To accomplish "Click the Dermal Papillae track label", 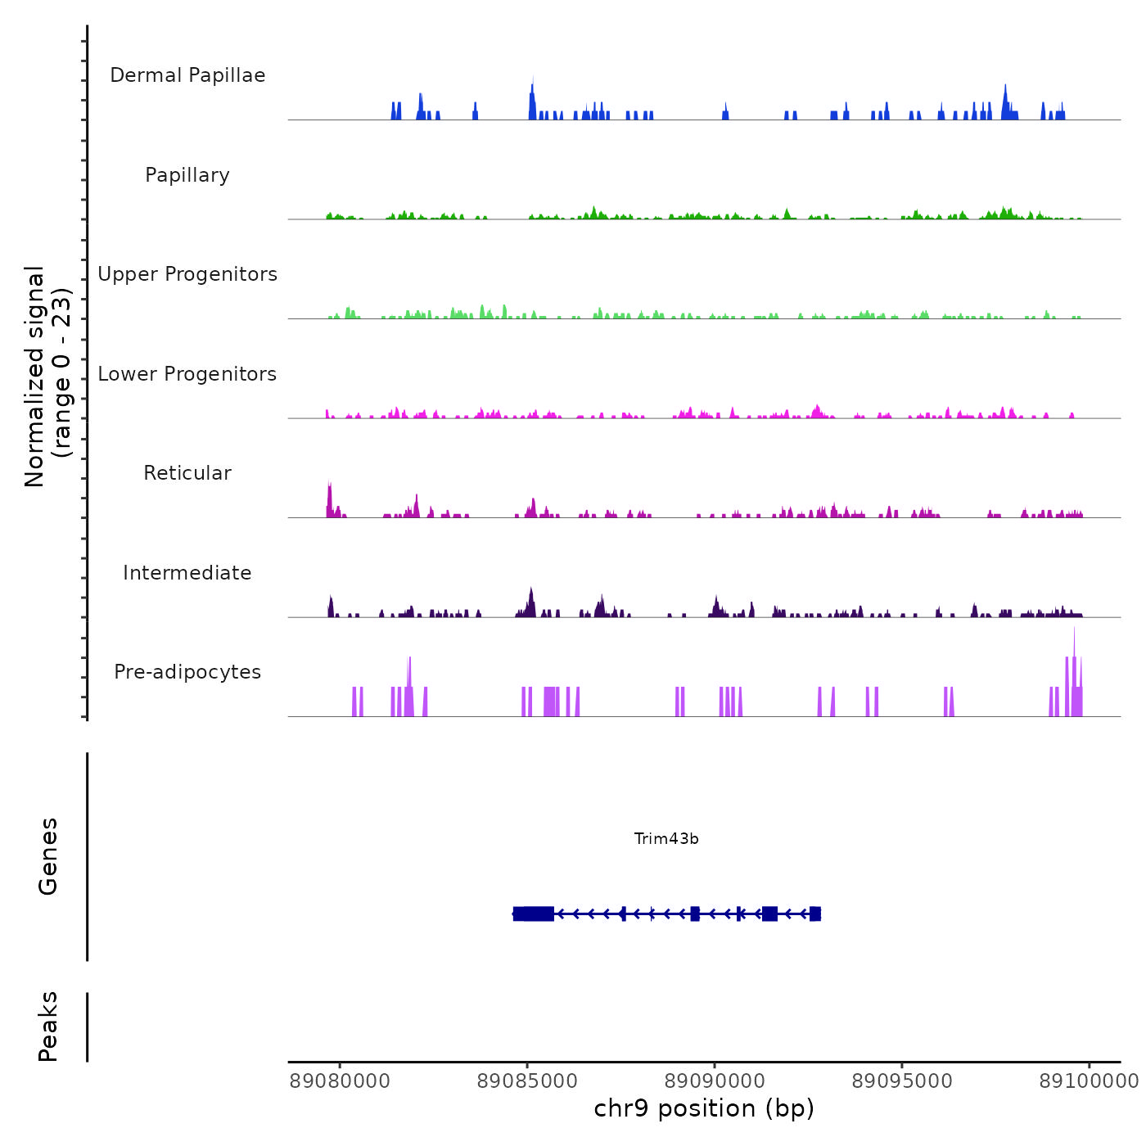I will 187,75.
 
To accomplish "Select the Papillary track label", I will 187,175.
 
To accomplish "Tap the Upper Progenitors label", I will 187,274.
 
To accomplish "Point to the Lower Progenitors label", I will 187,374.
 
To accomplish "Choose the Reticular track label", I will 187,473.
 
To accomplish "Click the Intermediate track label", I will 187,573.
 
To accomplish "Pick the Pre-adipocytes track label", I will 187,672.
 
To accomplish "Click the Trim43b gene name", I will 666,839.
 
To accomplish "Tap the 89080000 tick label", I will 340,1081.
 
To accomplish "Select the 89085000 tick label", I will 527,1081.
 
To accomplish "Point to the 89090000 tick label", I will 715,1081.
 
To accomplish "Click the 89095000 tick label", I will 902,1081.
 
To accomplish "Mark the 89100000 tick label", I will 1089,1081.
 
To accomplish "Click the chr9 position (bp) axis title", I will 704,1108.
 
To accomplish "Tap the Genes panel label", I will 48,856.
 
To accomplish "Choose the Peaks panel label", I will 48,1026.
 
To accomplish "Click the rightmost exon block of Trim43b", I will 814,914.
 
